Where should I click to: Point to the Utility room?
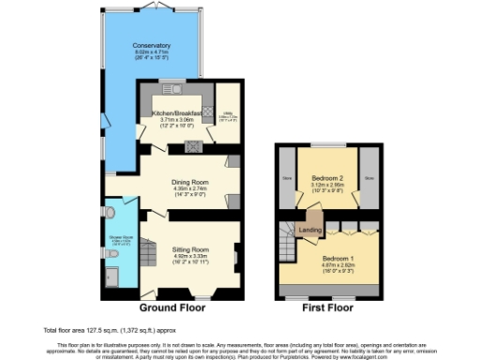tap(228, 116)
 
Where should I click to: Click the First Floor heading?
tap(327, 307)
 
